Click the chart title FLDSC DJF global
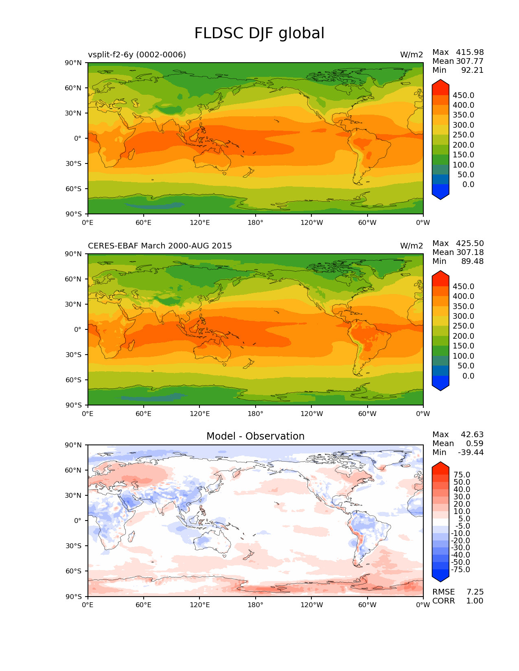click(x=259, y=33)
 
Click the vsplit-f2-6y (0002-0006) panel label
click(x=137, y=54)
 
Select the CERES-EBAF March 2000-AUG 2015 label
click(x=160, y=246)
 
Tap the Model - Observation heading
click(x=255, y=436)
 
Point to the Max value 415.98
click(x=470, y=52)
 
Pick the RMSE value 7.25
click(x=475, y=592)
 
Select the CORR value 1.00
click(x=475, y=601)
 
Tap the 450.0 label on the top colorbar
click(x=463, y=95)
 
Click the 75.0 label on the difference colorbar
click(x=462, y=475)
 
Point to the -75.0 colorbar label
click(x=460, y=569)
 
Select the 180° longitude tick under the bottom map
click(x=255, y=605)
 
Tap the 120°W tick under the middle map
click(x=311, y=414)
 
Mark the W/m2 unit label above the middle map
click(x=412, y=246)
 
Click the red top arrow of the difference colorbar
click(x=440, y=468)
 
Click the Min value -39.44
click(x=471, y=452)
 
